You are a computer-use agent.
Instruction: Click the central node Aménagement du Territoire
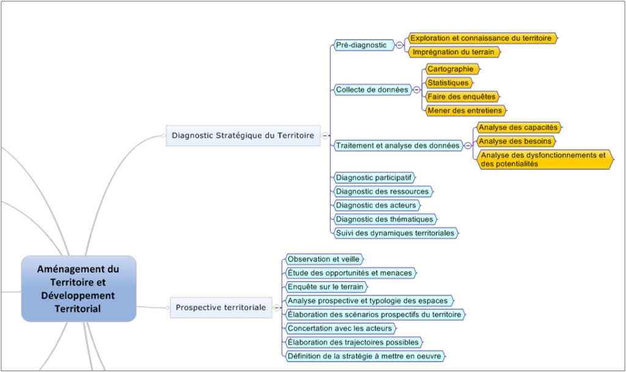(x=79, y=289)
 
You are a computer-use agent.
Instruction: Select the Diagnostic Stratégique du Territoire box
(x=243, y=136)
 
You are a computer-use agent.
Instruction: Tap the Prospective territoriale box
(x=221, y=307)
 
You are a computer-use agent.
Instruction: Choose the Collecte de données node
(x=372, y=90)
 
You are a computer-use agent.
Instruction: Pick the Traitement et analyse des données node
(x=397, y=145)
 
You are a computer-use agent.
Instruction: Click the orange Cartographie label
(x=452, y=69)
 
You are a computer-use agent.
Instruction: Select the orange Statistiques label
(x=449, y=83)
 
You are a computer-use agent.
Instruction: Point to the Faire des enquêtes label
(x=462, y=97)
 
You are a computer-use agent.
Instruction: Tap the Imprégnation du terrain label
(x=454, y=52)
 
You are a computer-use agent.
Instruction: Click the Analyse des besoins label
(x=516, y=141)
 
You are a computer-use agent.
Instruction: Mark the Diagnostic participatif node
(x=374, y=177)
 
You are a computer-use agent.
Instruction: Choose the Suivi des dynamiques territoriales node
(x=396, y=233)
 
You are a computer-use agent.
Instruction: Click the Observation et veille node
(x=324, y=259)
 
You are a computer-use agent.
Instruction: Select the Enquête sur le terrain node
(x=326, y=286)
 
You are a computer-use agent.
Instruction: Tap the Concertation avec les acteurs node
(x=341, y=328)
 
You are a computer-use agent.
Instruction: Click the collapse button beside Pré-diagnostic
(x=399, y=45)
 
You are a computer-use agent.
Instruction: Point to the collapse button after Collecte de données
(x=416, y=90)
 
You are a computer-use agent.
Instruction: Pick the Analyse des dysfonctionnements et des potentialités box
(x=545, y=159)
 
